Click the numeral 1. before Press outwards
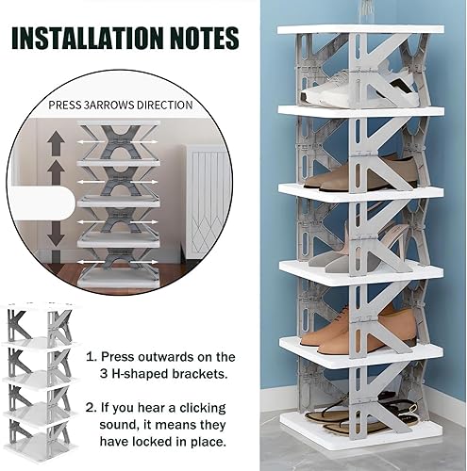click(92, 357)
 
